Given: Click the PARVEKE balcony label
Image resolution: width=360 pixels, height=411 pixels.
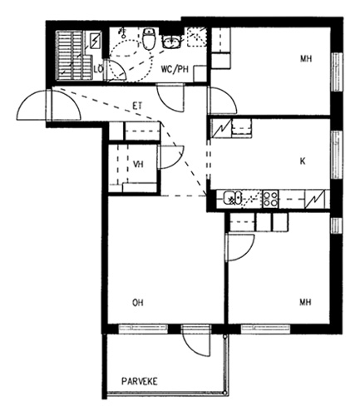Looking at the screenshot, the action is pos(140,381).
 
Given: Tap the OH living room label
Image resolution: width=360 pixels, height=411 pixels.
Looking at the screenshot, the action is pos(138,303).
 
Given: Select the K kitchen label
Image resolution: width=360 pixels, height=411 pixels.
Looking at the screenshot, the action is pos(303,161).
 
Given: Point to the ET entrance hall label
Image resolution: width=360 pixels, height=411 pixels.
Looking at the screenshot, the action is pos(138,106).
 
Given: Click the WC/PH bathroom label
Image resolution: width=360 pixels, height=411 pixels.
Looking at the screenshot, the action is pos(175,69).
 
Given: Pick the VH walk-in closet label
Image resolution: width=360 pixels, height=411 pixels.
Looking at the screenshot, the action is pos(138,164).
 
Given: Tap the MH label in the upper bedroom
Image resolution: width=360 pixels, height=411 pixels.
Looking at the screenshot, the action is pos(306,59).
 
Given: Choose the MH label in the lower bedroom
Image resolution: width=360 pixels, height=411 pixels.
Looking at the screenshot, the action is pos(305,302).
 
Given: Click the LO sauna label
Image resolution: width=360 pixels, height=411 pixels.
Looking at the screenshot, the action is pos(98,69).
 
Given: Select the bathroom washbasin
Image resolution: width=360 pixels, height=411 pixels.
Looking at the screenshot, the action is pos(171,42).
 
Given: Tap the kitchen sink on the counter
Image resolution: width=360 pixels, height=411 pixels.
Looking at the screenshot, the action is pos(233,198).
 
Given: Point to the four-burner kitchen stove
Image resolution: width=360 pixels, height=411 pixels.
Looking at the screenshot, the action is pos(270,199).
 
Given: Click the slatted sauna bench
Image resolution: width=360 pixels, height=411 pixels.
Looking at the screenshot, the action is pos(74,56).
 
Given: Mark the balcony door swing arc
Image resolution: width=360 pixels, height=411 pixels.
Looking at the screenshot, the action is pos(196,343).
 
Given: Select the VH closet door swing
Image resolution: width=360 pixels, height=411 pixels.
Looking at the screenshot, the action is pos(171,157).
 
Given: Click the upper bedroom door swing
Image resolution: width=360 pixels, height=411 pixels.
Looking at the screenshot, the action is pos(223,100).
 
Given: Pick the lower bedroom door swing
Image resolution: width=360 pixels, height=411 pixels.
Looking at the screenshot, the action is pos(240,248).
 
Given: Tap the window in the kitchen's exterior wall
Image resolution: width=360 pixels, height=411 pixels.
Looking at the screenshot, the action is pos(337,155).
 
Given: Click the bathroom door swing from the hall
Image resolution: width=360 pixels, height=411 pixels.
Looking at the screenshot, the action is pos(170,97).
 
